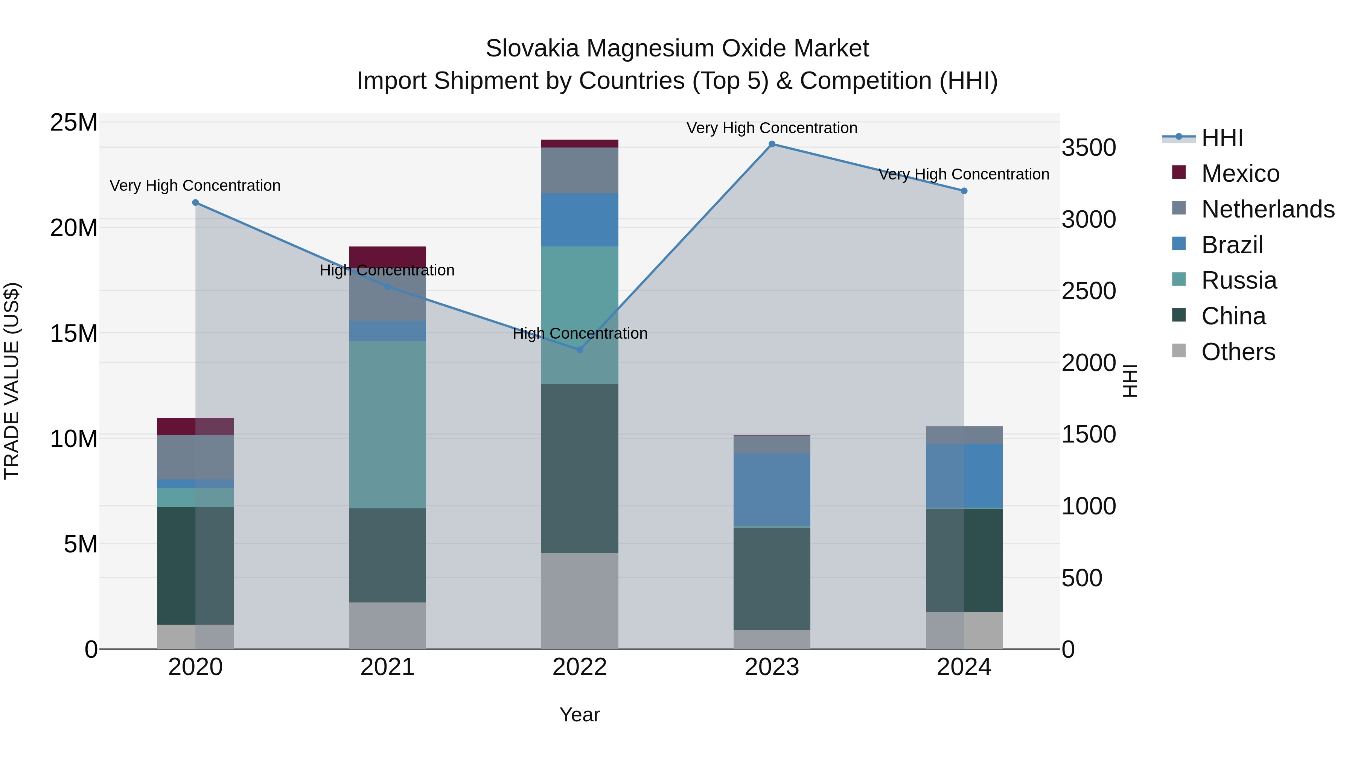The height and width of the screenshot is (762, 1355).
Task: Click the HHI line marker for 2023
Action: click(x=772, y=144)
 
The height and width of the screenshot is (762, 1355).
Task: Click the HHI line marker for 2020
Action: click(x=195, y=202)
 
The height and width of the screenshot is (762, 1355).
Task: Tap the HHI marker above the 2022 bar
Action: click(x=580, y=350)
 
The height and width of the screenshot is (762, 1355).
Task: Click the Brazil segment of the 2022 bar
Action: click(x=580, y=220)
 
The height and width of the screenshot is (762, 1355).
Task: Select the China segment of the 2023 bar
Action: click(x=772, y=578)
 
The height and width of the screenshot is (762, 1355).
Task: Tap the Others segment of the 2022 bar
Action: click(x=580, y=601)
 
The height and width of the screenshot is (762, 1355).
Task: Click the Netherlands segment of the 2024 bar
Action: click(x=964, y=435)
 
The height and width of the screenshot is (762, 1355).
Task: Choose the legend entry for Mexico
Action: click(x=1240, y=173)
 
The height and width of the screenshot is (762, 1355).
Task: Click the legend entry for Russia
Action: click(x=1239, y=280)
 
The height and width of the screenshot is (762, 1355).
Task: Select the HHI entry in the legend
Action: click(x=1222, y=138)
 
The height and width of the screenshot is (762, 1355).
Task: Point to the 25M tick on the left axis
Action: click(x=74, y=123)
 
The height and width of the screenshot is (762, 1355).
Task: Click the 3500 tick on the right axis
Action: click(x=1088, y=148)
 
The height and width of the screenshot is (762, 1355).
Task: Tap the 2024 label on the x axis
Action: click(x=964, y=667)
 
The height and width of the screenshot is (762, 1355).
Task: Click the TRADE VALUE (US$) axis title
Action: click(x=12, y=381)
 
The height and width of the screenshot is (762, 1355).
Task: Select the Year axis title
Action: click(x=580, y=715)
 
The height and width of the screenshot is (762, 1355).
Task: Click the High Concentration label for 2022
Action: click(x=580, y=333)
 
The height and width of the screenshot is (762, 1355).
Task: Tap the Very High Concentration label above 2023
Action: click(x=772, y=128)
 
